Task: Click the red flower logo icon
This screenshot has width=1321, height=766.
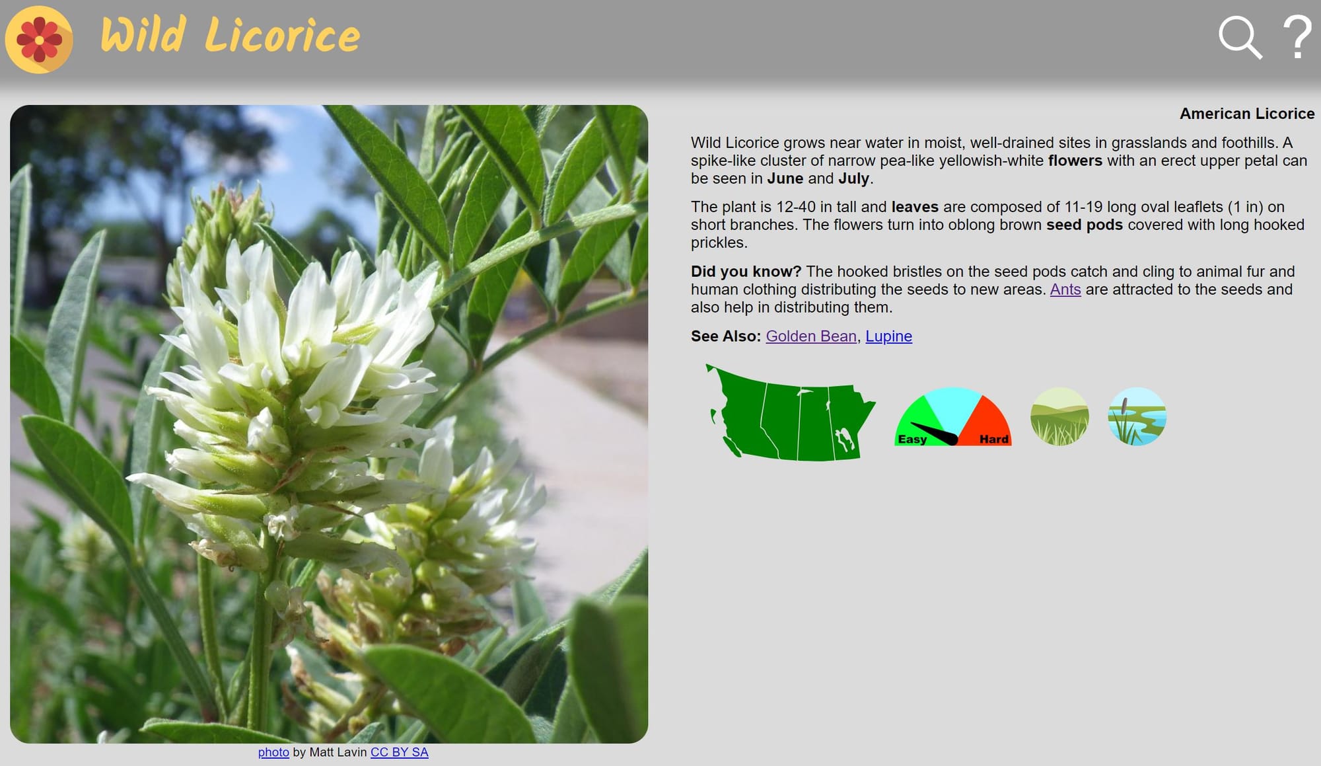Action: coord(39,40)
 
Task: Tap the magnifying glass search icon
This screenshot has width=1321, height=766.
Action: coord(1240,38)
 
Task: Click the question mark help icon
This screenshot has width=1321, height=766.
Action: coord(1297,37)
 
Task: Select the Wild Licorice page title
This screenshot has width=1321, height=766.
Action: coord(230,36)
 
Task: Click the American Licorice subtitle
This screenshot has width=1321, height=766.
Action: coord(1247,114)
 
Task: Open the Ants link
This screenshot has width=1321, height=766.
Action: coord(1065,289)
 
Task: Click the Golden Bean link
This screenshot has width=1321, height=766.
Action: coord(811,336)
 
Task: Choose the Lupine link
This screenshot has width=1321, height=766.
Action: coord(888,336)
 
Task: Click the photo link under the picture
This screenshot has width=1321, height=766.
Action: coord(273,752)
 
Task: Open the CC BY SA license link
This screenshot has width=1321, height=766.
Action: coord(400,752)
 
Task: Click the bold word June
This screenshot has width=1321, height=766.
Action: coord(785,178)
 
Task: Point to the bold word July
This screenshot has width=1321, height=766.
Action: coord(854,178)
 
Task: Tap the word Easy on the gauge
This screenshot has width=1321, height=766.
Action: coord(912,440)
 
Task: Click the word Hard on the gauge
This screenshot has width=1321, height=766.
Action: coord(994,440)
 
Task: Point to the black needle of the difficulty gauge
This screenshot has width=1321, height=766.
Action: coord(934,434)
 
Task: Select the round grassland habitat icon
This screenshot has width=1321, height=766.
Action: coord(1059,416)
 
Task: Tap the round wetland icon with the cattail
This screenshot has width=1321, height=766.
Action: coord(1137,416)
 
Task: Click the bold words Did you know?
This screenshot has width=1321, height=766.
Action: coord(746,272)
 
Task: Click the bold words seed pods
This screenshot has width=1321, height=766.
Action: coord(1085,225)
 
